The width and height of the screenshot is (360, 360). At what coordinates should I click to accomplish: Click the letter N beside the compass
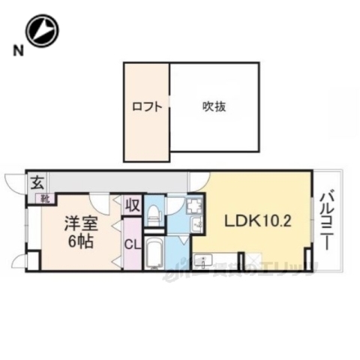(16, 51)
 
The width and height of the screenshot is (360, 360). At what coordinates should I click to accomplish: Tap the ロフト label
(147, 106)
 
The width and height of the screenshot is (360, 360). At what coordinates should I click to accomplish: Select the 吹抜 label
(214, 106)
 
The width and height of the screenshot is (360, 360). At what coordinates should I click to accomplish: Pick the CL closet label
(131, 244)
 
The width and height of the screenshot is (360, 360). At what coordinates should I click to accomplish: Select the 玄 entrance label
(36, 182)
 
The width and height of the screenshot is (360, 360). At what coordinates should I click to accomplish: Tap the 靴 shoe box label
(45, 199)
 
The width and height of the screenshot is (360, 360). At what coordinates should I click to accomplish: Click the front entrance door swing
(15, 184)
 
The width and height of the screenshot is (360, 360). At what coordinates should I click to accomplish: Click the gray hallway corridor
(112, 181)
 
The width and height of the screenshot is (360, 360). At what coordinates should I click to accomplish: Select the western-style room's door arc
(100, 202)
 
